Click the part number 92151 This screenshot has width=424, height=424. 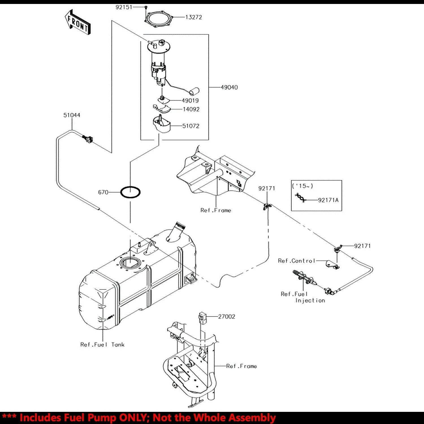124,7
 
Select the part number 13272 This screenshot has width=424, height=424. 194,17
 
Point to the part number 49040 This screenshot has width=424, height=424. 229,87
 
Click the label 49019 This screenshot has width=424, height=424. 190,101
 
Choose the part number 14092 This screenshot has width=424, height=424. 191,109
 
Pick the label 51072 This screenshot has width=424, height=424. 191,126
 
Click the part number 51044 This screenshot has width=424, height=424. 72,115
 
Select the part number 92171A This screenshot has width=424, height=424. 328,200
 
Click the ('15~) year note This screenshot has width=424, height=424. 303,186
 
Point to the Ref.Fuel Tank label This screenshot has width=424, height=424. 102,345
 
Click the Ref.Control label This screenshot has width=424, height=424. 297,261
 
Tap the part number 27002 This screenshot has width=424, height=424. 226,317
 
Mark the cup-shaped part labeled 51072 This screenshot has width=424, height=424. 161,125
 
